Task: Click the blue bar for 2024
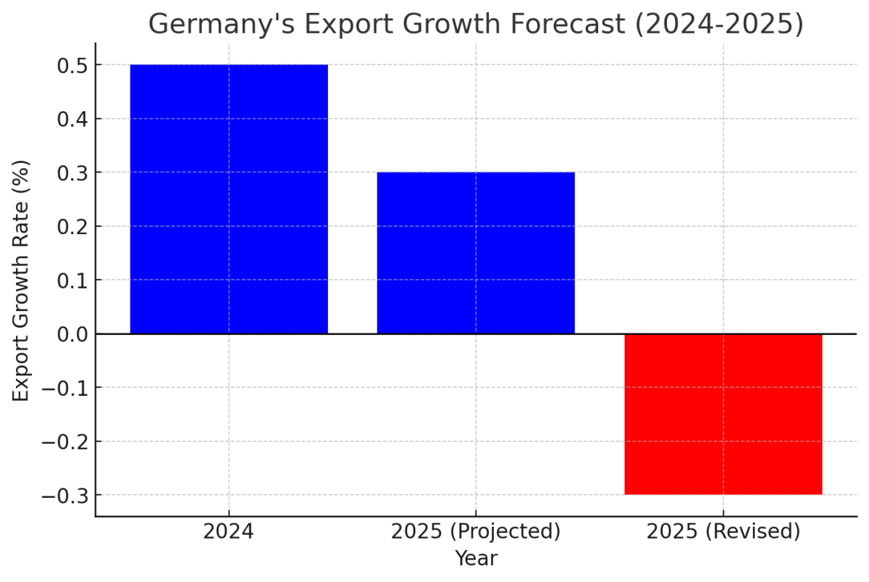tap(229, 199)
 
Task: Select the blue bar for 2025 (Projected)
tap(476, 253)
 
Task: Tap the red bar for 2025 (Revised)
tap(723, 414)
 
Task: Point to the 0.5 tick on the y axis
tap(72, 65)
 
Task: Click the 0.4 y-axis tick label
tap(72, 119)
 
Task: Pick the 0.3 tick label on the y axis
tap(72, 172)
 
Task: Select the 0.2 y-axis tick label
tap(72, 226)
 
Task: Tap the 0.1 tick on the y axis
tap(72, 280)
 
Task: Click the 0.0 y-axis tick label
tap(72, 334)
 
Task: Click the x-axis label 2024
tap(229, 532)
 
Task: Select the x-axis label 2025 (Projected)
tap(476, 532)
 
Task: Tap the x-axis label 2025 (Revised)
tap(723, 532)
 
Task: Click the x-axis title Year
tap(476, 559)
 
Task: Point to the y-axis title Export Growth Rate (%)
tap(22, 280)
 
